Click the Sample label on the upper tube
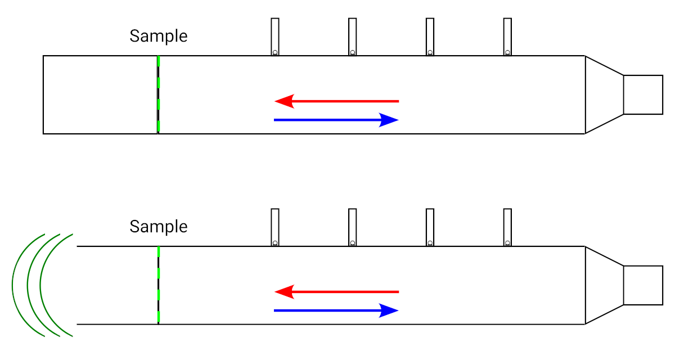coord(158,36)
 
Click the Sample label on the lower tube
coord(158,227)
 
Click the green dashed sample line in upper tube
coord(159,94)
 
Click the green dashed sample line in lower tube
coord(159,285)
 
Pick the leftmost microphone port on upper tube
coord(275,37)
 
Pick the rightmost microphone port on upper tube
coord(507,37)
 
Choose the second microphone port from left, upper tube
coord(353,37)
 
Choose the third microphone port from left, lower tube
coord(430,228)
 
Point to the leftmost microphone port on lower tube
coord(275,228)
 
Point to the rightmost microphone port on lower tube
coord(507,228)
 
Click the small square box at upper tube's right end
coord(643,94)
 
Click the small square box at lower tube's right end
coord(643,285)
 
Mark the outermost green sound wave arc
coord(12,285)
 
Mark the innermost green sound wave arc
coord(40,285)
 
